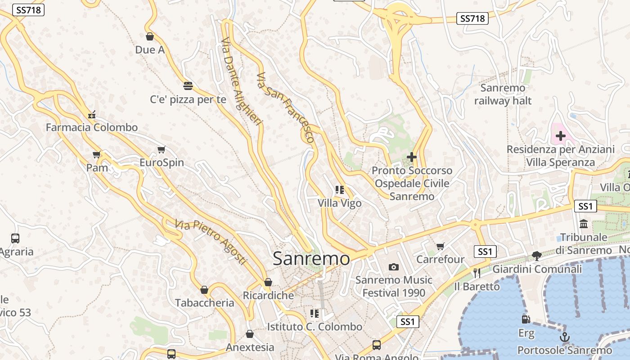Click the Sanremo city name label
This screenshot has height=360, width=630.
coord(311,259)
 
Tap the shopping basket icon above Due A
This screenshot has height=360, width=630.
coord(150,36)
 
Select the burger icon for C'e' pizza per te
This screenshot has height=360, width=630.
coord(188,85)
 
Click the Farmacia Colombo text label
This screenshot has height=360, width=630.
coord(92,127)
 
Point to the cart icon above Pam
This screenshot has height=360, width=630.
coord(96,155)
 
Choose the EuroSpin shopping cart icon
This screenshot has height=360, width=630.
coord(161,149)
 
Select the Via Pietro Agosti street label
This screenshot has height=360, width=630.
coord(211,242)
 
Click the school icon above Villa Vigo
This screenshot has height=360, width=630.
coord(339,190)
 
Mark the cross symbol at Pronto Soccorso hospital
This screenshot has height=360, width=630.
coord(411,157)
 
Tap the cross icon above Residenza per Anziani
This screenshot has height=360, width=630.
coord(561,135)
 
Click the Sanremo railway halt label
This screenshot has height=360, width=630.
coord(503,94)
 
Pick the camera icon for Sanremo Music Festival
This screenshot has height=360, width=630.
coord(394,267)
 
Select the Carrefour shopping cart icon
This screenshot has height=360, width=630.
coord(441,246)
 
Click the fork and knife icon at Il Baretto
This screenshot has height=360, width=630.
coord(477,273)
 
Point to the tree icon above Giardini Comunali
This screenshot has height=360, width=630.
coord(536,256)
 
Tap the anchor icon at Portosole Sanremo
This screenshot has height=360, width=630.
coord(564,337)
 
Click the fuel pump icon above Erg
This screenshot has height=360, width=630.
coord(526,319)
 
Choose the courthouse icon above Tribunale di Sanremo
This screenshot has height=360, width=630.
coord(584,224)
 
